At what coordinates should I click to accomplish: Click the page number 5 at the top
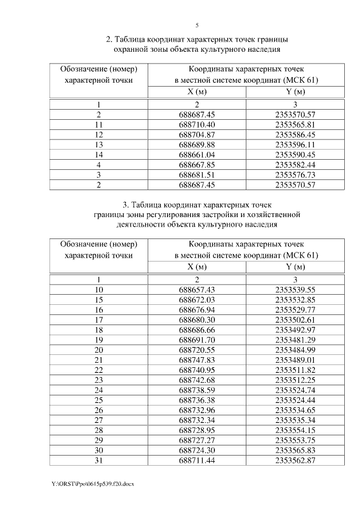click(x=197, y=25)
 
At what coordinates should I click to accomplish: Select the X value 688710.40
click(x=197, y=124)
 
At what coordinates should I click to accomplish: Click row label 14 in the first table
click(x=98, y=154)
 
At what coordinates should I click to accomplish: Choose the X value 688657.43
click(x=197, y=289)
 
